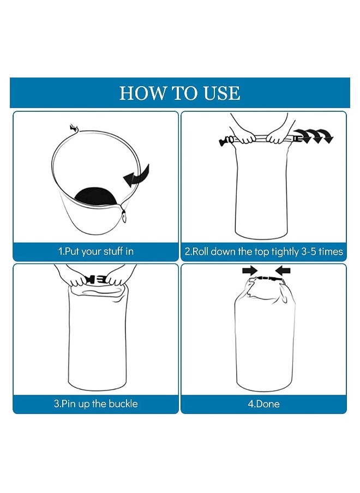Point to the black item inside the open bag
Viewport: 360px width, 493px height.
[95, 196]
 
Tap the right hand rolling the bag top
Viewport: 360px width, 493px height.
[279, 138]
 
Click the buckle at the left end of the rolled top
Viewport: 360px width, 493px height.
[226, 141]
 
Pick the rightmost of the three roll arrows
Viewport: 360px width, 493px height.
[326, 136]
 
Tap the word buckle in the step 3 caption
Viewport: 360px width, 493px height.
[123, 404]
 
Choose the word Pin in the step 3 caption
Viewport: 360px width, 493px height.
[69, 404]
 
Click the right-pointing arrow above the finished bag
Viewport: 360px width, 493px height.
[250, 270]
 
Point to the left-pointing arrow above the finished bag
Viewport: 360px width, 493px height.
[283, 270]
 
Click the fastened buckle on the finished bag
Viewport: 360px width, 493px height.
[267, 278]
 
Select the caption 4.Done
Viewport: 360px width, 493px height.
[263, 404]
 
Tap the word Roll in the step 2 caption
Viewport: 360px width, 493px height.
[200, 251]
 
